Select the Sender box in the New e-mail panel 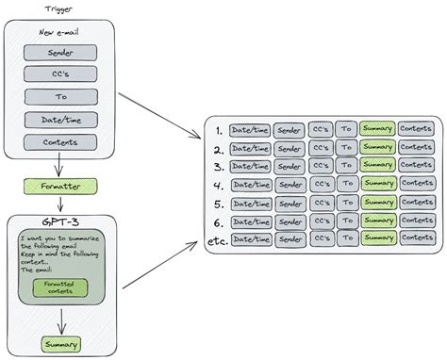tap(60, 53)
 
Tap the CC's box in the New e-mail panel tap(60, 74)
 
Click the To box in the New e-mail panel tap(60, 96)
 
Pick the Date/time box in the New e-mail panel tap(60, 120)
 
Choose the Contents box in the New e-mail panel tap(60, 142)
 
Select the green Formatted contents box tap(59, 286)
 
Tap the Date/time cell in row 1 tap(250, 129)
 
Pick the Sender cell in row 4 tap(290, 185)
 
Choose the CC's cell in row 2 tap(323, 148)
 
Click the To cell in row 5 tap(346, 203)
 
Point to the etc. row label tap(217, 240)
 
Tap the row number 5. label tap(219, 203)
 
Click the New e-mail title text tap(60, 33)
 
